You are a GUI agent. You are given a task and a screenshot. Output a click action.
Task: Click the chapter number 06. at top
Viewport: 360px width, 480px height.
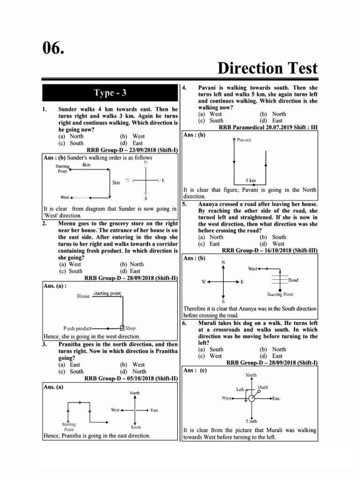pyautogui.click(x=53, y=47)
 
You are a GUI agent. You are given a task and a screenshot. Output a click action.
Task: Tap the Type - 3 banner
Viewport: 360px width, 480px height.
pyautogui.click(x=110, y=93)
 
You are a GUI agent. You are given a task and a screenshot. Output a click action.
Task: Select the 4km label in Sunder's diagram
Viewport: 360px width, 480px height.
pyautogui.click(x=86, y=165)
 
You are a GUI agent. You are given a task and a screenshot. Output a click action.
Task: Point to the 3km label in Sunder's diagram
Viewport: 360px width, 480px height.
pyautogui.click(x=115, y=182)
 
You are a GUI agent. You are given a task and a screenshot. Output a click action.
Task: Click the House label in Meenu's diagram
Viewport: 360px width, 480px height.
pyautogui.click(x=83, y=296)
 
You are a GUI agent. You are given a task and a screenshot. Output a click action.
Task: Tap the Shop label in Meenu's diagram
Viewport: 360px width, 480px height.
pyautogui.click(x=130, y=328)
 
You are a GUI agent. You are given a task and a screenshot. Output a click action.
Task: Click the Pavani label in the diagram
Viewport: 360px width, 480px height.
pyautogui.click(x=244, y=140)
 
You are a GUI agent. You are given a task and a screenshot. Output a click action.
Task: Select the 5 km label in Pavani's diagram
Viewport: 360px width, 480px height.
pyautogui.click(x=250, y=180)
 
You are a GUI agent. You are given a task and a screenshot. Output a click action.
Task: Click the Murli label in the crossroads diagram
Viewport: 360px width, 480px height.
pyautogui.click(x=262, y=387)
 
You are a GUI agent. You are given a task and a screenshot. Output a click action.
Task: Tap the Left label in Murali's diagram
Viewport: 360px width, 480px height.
pyautogui.click(x=240, y=389)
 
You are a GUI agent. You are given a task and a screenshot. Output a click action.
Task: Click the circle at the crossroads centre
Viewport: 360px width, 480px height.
pyautogui.click(x=252, y=398)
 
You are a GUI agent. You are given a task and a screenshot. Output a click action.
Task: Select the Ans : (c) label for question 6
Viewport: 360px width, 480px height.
pyautogui.click(x=195, y=370)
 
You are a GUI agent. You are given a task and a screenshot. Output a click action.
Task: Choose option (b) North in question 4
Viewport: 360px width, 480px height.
pyautogui.click(x=272, y=114)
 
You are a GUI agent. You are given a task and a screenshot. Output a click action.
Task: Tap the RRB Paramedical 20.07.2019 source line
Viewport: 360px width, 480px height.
pyautogui.click(x=268, y=127)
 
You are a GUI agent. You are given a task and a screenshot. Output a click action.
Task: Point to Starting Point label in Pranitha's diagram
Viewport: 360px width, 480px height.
pyautogui.click(x=69, y=427)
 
